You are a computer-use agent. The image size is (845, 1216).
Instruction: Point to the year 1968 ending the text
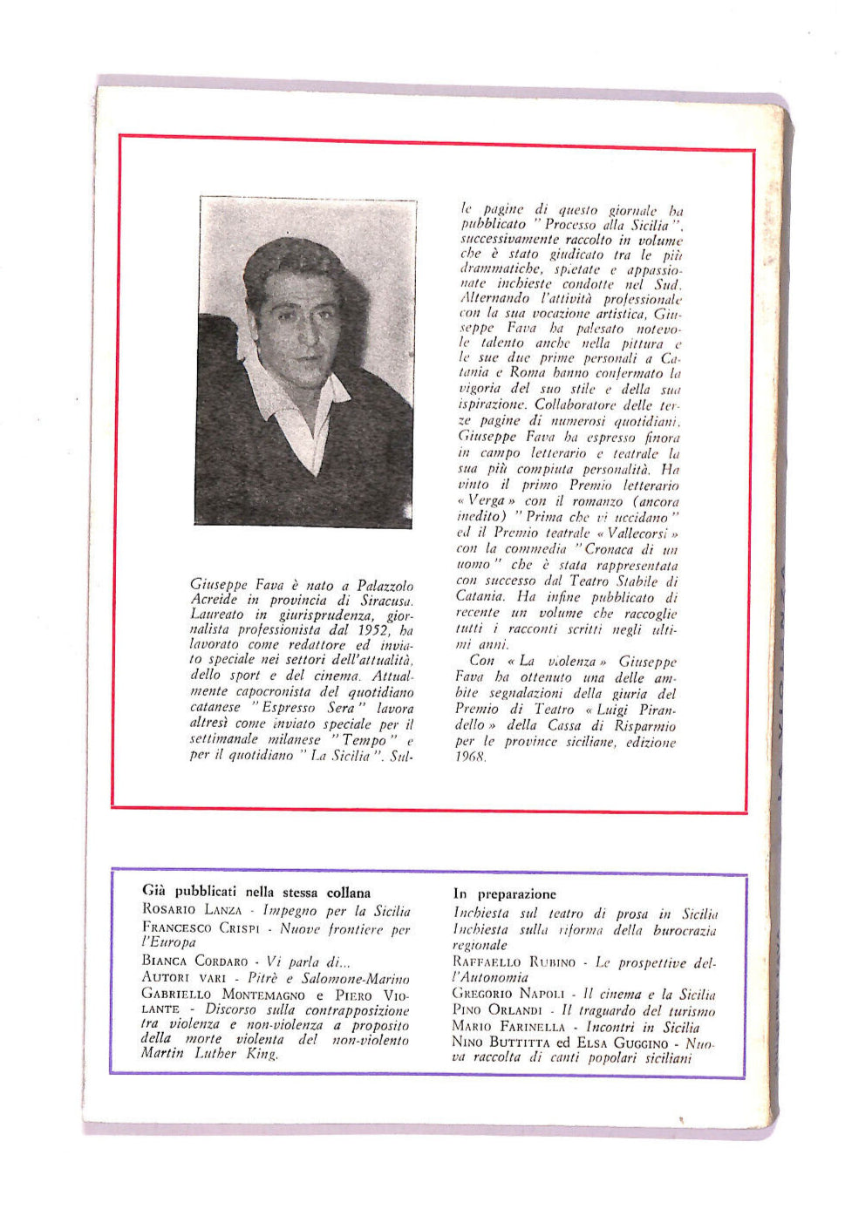click(471, 757)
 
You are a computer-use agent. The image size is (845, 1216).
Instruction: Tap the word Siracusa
click(385, 601)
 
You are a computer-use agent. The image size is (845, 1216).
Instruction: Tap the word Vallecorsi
click(638, 533)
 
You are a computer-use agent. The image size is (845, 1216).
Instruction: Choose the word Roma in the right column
click(528, 373)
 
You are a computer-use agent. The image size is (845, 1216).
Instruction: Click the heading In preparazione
click(504, 894)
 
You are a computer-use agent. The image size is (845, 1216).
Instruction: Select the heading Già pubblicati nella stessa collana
click(256, 893)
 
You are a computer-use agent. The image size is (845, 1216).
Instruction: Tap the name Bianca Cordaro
click(194, 961)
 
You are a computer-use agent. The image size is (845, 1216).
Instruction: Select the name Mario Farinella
click(509, 1027)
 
